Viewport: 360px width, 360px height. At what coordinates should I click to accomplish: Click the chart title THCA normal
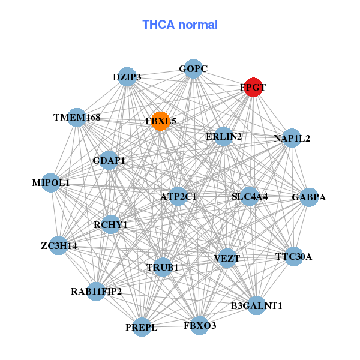(x=180, y=25)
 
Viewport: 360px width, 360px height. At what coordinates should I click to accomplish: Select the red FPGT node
(x=253, y=87)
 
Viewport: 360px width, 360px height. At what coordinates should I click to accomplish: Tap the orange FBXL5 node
(x=160, y=121)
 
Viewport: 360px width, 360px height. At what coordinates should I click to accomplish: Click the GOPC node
(x=193, y=69)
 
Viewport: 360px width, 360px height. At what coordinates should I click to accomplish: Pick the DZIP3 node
(x=127, y=77)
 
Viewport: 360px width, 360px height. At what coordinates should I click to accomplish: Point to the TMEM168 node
(x=77, y=117)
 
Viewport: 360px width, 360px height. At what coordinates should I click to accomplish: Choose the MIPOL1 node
(x=51, y=183)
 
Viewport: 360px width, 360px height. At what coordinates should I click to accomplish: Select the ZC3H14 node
(x=58, y=245)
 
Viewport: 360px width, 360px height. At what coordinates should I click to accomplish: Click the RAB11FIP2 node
(x=96, y=292)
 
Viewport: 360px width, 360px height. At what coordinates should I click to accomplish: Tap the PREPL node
(x=142, y=327)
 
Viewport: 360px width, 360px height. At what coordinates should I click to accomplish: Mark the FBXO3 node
(x=199, y=326)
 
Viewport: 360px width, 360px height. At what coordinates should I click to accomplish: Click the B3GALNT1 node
(x=256, y=305)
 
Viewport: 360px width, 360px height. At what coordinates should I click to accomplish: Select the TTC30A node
(x=293, y=257)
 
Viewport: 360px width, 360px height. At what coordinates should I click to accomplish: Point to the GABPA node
(x=308, y=197)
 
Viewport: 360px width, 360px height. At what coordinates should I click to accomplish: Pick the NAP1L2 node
(x=292, y=139)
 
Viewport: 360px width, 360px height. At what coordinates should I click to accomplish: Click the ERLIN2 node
(x=224, y=137)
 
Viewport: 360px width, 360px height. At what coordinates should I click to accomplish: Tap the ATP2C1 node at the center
(x=178, y=196)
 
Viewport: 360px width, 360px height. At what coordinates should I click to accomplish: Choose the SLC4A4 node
(x=250, y=196)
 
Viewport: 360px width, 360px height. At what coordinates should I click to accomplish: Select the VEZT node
(x=227, y=258)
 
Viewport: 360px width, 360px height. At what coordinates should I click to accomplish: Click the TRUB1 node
(x=163, y=267)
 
